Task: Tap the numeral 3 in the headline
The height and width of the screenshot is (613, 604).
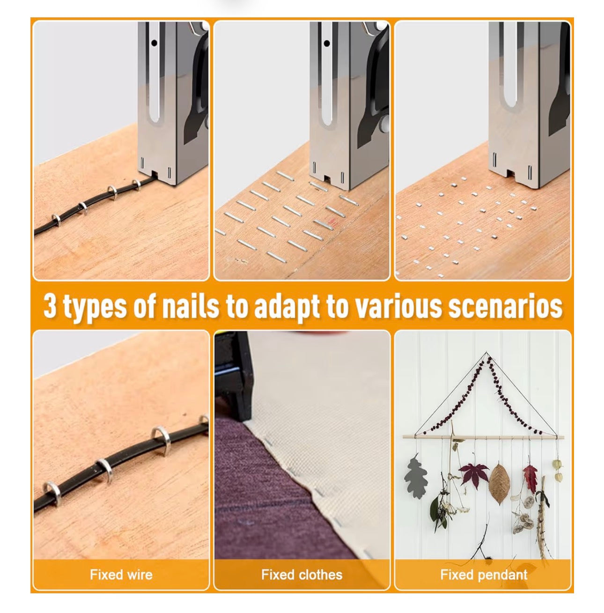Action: pyautogui.click(x=50, y=305)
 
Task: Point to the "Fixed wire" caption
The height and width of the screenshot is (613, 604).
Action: pyautogui.click(x=121, y=575)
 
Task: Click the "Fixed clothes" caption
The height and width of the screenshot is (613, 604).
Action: pyautogui.click(x=302, y=575)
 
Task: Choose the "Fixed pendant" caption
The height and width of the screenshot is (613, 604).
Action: pyautogui.click(x=484, y=575)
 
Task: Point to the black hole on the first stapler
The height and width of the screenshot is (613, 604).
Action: pyautogui.click(x=154, y=43)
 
